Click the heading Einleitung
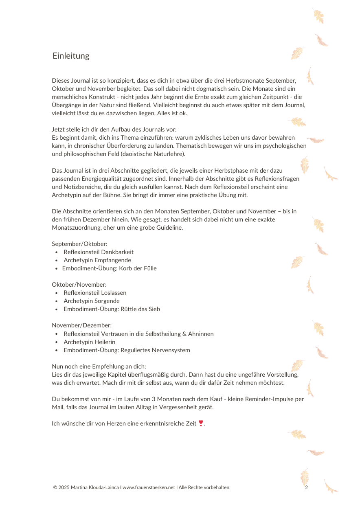click(71, 56)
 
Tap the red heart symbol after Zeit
click(200, 423)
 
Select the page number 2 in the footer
click(306, 487)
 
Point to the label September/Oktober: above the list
click(79, 244)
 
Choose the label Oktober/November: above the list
click(79, 285)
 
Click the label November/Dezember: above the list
click(81, 325)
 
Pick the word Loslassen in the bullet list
click(114, 293)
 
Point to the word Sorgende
click(107, 301)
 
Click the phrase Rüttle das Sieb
click(139, 309)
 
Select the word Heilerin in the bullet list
click(105, 342)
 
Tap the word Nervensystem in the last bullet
click(171, 350)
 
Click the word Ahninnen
click(201, 334)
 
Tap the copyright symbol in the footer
click(55, 487)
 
